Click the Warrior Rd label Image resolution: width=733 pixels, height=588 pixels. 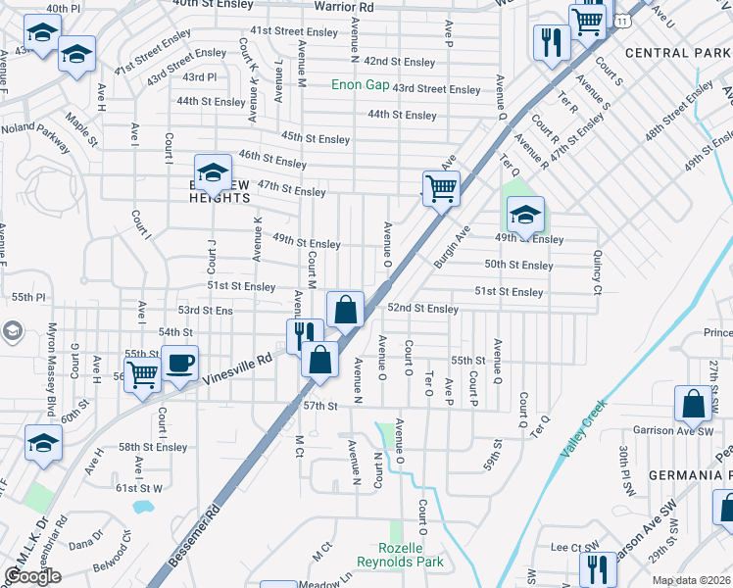click(344, 7)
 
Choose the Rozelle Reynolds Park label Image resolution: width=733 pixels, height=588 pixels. click(412, 555)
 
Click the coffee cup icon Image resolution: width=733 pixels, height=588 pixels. click(180, 364)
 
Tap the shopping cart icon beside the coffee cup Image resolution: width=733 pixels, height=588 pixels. click(143, 373)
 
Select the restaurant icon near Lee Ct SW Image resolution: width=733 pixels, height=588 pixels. click(597, 569)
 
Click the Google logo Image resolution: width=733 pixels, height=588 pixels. click(32, 576)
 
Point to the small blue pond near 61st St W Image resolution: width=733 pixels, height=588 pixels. click(143, 508)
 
